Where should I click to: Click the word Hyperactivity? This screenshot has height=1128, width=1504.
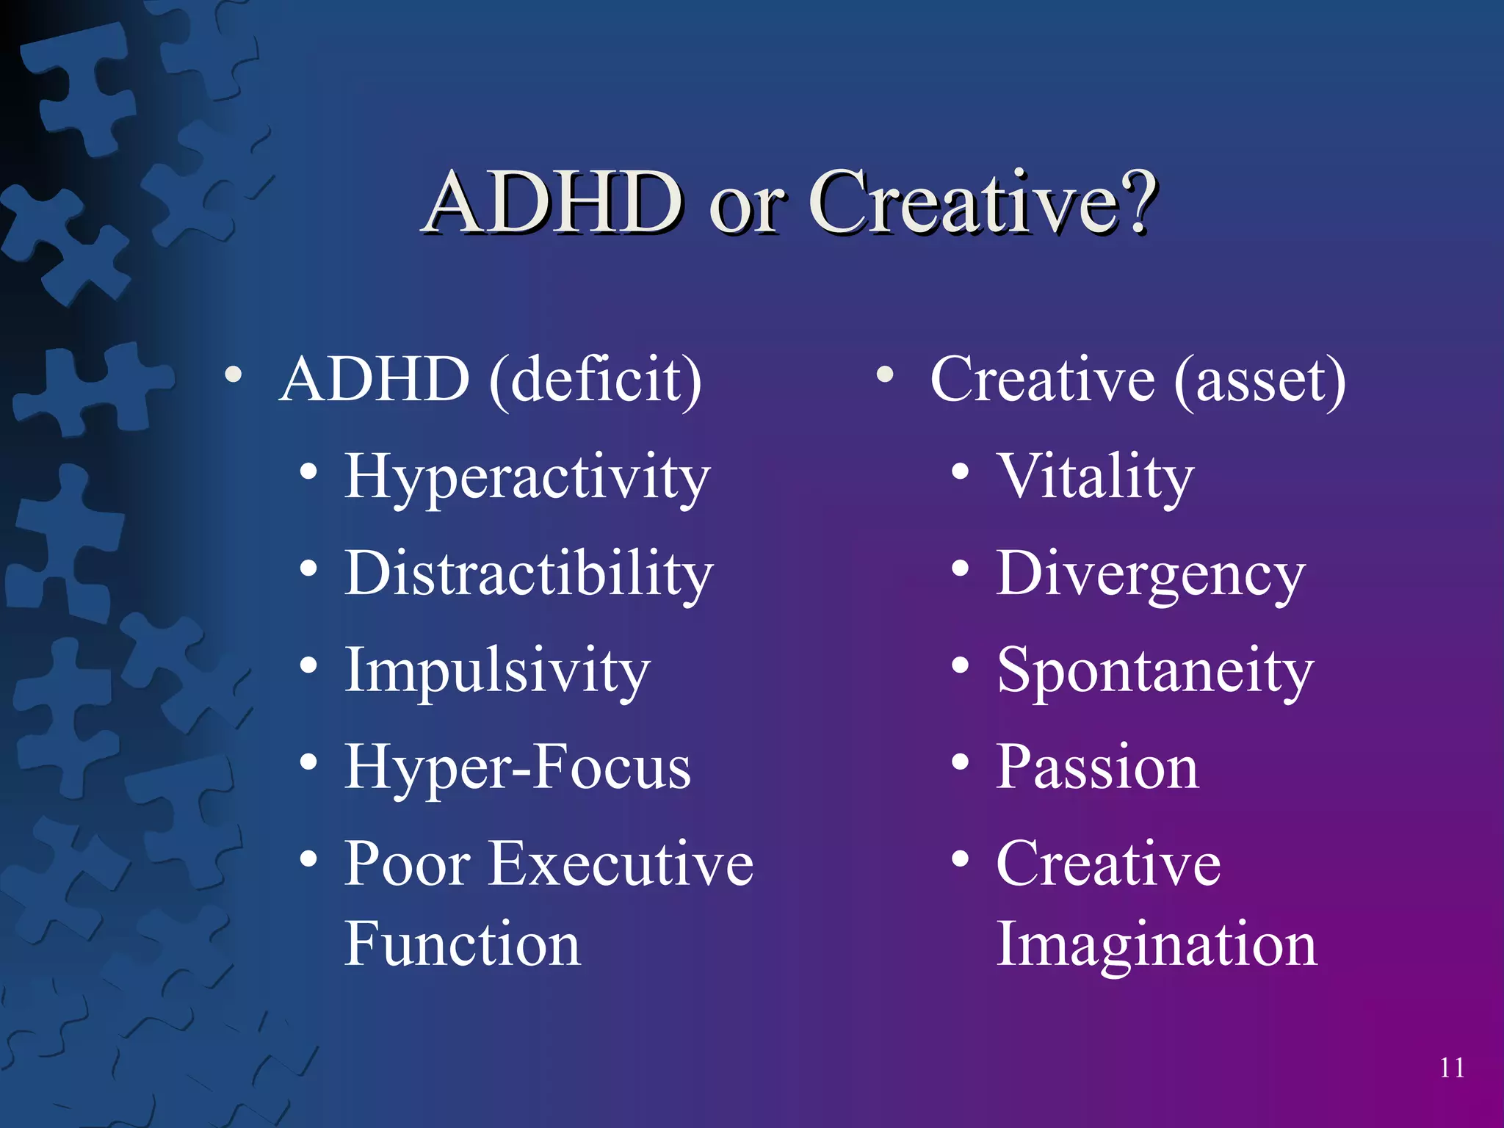click(x=527, y=477)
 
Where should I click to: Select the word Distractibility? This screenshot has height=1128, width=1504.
click(x=529, y=574)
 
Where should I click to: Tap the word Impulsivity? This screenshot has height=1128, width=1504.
click(x=497, y=670)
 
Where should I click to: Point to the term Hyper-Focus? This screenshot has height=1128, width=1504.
click(x=518, y=767)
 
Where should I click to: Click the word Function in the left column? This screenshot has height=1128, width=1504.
click(x=463, y=944)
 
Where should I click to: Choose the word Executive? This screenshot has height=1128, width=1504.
click(x=621, y=864)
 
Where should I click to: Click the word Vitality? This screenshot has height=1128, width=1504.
click(x=1095, y=477)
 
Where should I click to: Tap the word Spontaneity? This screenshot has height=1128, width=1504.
click(x=1155, y=671)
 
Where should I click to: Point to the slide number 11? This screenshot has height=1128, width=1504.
click(x=1452, y=1068)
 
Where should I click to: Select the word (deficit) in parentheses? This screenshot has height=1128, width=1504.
click(x=596, y=380)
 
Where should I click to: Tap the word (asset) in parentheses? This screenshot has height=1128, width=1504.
click(x=1259, y=380)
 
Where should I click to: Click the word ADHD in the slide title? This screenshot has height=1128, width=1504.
click(x=554, y=202)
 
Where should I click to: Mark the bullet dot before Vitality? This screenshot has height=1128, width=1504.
click(x=960, y=472)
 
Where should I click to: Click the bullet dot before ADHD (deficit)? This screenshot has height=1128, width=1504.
click(x=234, y=375)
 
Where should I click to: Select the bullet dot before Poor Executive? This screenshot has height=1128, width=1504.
click(x=308, y=858)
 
